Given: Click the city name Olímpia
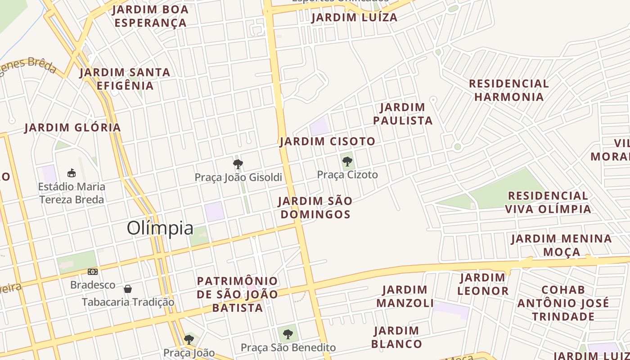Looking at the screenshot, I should (x=160, y=228).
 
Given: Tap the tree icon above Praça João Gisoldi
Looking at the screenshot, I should (x=238, y=164).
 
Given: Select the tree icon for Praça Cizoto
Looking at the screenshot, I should (x=347, y=162).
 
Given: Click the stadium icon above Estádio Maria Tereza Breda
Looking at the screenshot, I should (x=71, y=173).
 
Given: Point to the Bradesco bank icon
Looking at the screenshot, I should (x=93, y=272).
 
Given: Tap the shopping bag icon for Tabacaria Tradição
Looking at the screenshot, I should (x=128, y=288).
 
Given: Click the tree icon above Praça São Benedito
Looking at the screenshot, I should (x=288, y=334).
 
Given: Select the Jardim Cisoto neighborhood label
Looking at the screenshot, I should (x=327, y=141).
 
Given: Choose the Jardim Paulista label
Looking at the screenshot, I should (x=403, y=114).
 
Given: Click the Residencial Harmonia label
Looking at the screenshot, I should (x=509, y=90).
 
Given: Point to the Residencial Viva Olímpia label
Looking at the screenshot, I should (x=548, y=202).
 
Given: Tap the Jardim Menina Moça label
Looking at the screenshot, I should (x=562, y=245).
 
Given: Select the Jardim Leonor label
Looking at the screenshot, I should (x=483, y=284).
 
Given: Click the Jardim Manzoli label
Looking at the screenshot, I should (x=405, y=296).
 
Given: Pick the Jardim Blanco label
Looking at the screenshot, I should (x=397, y=337).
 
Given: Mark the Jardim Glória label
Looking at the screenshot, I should (x=73, y=127).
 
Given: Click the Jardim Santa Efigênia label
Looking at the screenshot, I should (x=125, y=79).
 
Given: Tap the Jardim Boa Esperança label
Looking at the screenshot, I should (x=150, y=16).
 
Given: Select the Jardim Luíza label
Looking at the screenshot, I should (x=355, y=18).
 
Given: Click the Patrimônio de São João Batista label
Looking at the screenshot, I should (x=238, y=294).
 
